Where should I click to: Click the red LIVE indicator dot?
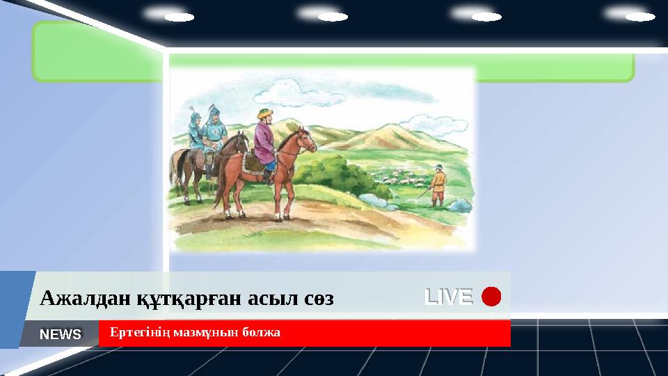[x=491, y=297]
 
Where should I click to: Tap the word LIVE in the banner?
[x=449, y=297]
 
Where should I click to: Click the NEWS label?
[x=61, y=334]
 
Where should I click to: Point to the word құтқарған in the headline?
[x=160, y=299]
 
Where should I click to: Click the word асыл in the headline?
[x=255, y=299]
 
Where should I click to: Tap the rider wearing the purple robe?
[x=264, y=143]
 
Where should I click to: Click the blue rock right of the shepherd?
[x=459, y=205]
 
